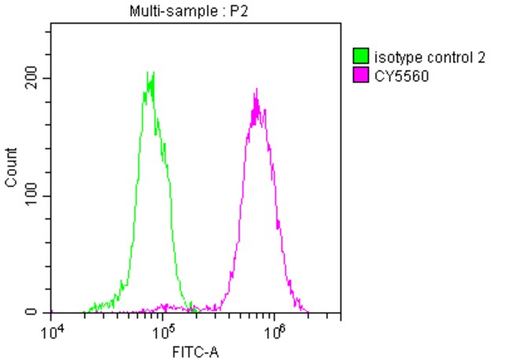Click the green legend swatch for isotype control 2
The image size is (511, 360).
tap(362, 57)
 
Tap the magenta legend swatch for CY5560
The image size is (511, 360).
tap(362, 75)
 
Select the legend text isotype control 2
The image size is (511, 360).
tap(430, 57)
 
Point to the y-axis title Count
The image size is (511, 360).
tap(11, 168)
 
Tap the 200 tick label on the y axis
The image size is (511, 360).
tap(31, 79)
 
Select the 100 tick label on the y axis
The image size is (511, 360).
tap(31, 196)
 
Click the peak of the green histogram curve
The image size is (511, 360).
tap(149, 73)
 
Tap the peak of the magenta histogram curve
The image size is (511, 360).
tap(256, 90)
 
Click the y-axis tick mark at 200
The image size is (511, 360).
tap(49, 79)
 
